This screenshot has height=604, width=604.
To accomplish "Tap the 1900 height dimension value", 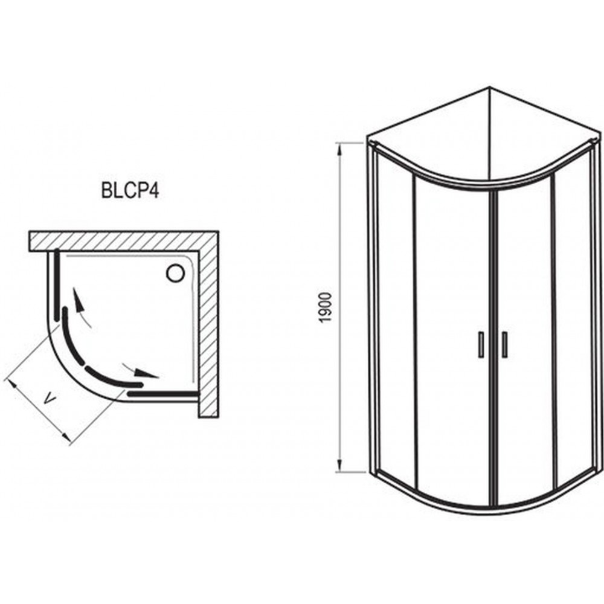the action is [x=326, y=308].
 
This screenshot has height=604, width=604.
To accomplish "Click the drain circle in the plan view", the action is [x=176, y=273].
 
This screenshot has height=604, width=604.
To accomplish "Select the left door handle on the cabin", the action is [x=481, y=344].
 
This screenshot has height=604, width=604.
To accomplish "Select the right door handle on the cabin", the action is [x=505, y=344].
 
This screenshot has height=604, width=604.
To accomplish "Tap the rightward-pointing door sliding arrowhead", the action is [x=148, y=374].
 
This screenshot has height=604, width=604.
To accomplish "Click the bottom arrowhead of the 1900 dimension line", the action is [x=339, y=465].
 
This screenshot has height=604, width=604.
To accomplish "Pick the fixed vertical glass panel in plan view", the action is [x=57, y=284].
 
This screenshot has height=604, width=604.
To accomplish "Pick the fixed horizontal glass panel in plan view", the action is [x=162, y=394].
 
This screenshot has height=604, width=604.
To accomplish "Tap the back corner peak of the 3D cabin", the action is [x=489, y=87].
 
